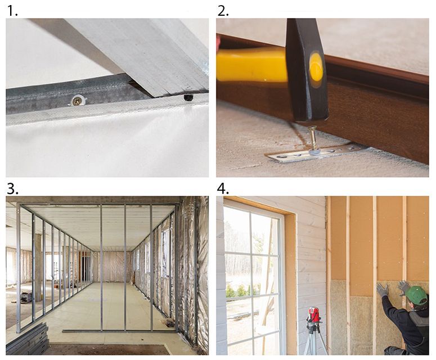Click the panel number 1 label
point(12,11)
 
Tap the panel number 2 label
point(223,11)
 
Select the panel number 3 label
point(12,189)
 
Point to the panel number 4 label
point(223,189)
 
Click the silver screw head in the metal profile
point(77,100)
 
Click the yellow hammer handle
point(251,65)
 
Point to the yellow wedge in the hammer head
point(316,66)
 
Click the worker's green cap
point(416,295)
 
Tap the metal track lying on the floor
point(118,331)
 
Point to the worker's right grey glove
point(404,288)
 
